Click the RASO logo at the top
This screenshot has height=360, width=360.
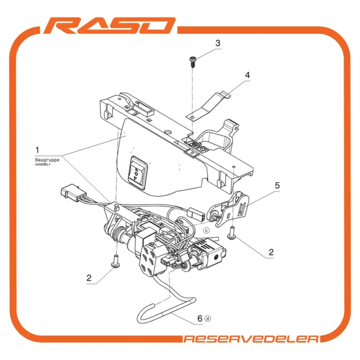(110, 25)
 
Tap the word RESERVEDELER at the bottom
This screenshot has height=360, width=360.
(251, 339)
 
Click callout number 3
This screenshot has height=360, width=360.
(218, 43)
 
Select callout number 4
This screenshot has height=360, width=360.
(247, 75)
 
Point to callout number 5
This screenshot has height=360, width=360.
(277, 186)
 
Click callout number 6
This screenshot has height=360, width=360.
(200, 318)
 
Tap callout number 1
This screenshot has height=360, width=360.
(37, 150)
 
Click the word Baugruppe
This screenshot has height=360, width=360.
(47, 160)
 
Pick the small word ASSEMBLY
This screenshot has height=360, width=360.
(43, 165)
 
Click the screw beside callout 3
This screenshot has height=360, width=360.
(192, 62)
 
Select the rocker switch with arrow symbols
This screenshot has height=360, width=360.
(137, 174)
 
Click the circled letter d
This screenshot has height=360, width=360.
(208, 319)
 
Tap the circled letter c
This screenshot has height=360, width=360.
(206, 230)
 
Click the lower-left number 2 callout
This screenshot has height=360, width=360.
(89, 278)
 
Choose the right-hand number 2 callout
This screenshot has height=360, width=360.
(271, 253)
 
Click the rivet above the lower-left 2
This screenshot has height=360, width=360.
(116, 262)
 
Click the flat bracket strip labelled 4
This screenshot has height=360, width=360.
(208, 105)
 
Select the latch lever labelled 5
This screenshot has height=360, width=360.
(229, 209)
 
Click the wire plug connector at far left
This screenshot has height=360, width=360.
(70, 191)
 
